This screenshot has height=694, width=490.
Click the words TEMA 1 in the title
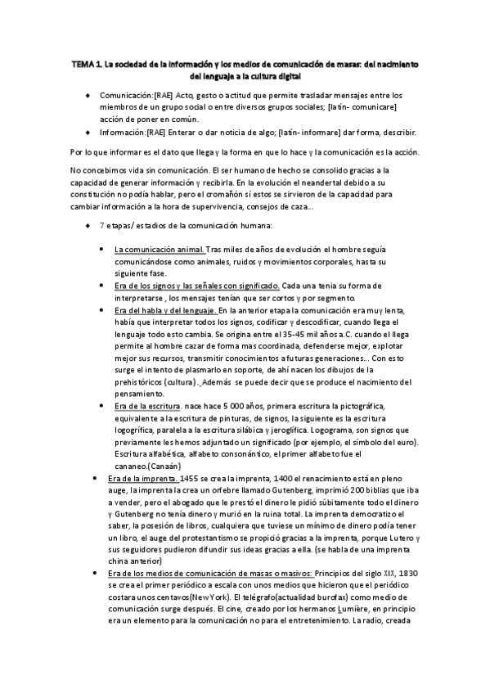coord(85,63)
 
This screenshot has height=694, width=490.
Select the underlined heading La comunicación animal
coord(160,249)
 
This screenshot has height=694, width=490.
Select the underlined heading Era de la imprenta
coord(143,480)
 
